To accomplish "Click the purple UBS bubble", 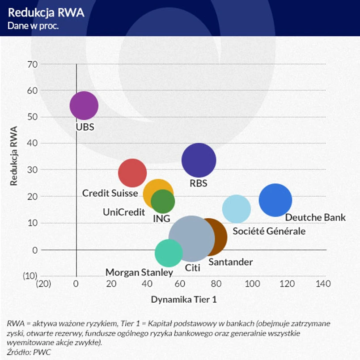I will tap(84, 106).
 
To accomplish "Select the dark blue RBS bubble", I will tap(199, 160).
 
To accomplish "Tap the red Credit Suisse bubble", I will tap(132, 173).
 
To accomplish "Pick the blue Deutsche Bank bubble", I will tap(275, 200).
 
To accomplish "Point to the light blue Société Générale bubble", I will tap(237, 208).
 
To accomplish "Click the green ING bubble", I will tap(163, 201).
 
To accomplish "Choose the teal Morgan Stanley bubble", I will tap(169, 253).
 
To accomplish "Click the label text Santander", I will tap(230, 262).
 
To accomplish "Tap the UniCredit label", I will tap(124, 212).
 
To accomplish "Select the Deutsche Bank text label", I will tap(315, 217).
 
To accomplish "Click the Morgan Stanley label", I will tap(139, 272).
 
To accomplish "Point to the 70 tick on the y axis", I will tap(32, 64).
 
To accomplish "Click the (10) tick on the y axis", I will tap(30, 276).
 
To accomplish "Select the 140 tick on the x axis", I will tap(323, 284).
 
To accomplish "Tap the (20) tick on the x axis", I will tap(43, 284).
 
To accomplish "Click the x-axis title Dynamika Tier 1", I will tap(184, 300).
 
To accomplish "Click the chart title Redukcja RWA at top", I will tap(46, 13).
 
